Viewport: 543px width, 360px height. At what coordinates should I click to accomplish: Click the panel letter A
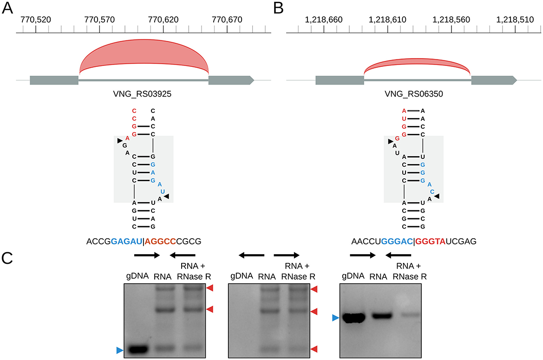pyautogui.click(x=8, y=8)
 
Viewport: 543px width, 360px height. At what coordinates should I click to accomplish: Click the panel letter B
pyautogui.click(x=279, y=8)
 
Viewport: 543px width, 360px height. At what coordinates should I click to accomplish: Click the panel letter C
pyautogui.click(x=8, y=257)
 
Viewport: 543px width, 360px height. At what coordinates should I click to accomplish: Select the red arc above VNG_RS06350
pyautogui.click(x=417, y=65)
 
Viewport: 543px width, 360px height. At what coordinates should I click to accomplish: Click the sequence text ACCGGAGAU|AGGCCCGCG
pyautogui.click(x=144, y=242)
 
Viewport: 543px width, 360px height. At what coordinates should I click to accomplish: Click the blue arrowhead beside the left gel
pyautogui.click(x=119, y=350)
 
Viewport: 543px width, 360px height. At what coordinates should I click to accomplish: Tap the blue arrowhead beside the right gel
pyautogui.click(x=335, y=318)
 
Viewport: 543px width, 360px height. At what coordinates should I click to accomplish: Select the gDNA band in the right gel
pyautogui.click(x=354, y=318)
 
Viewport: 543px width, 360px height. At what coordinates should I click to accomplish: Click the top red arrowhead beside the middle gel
pyautogui.click(x=314, y=289)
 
